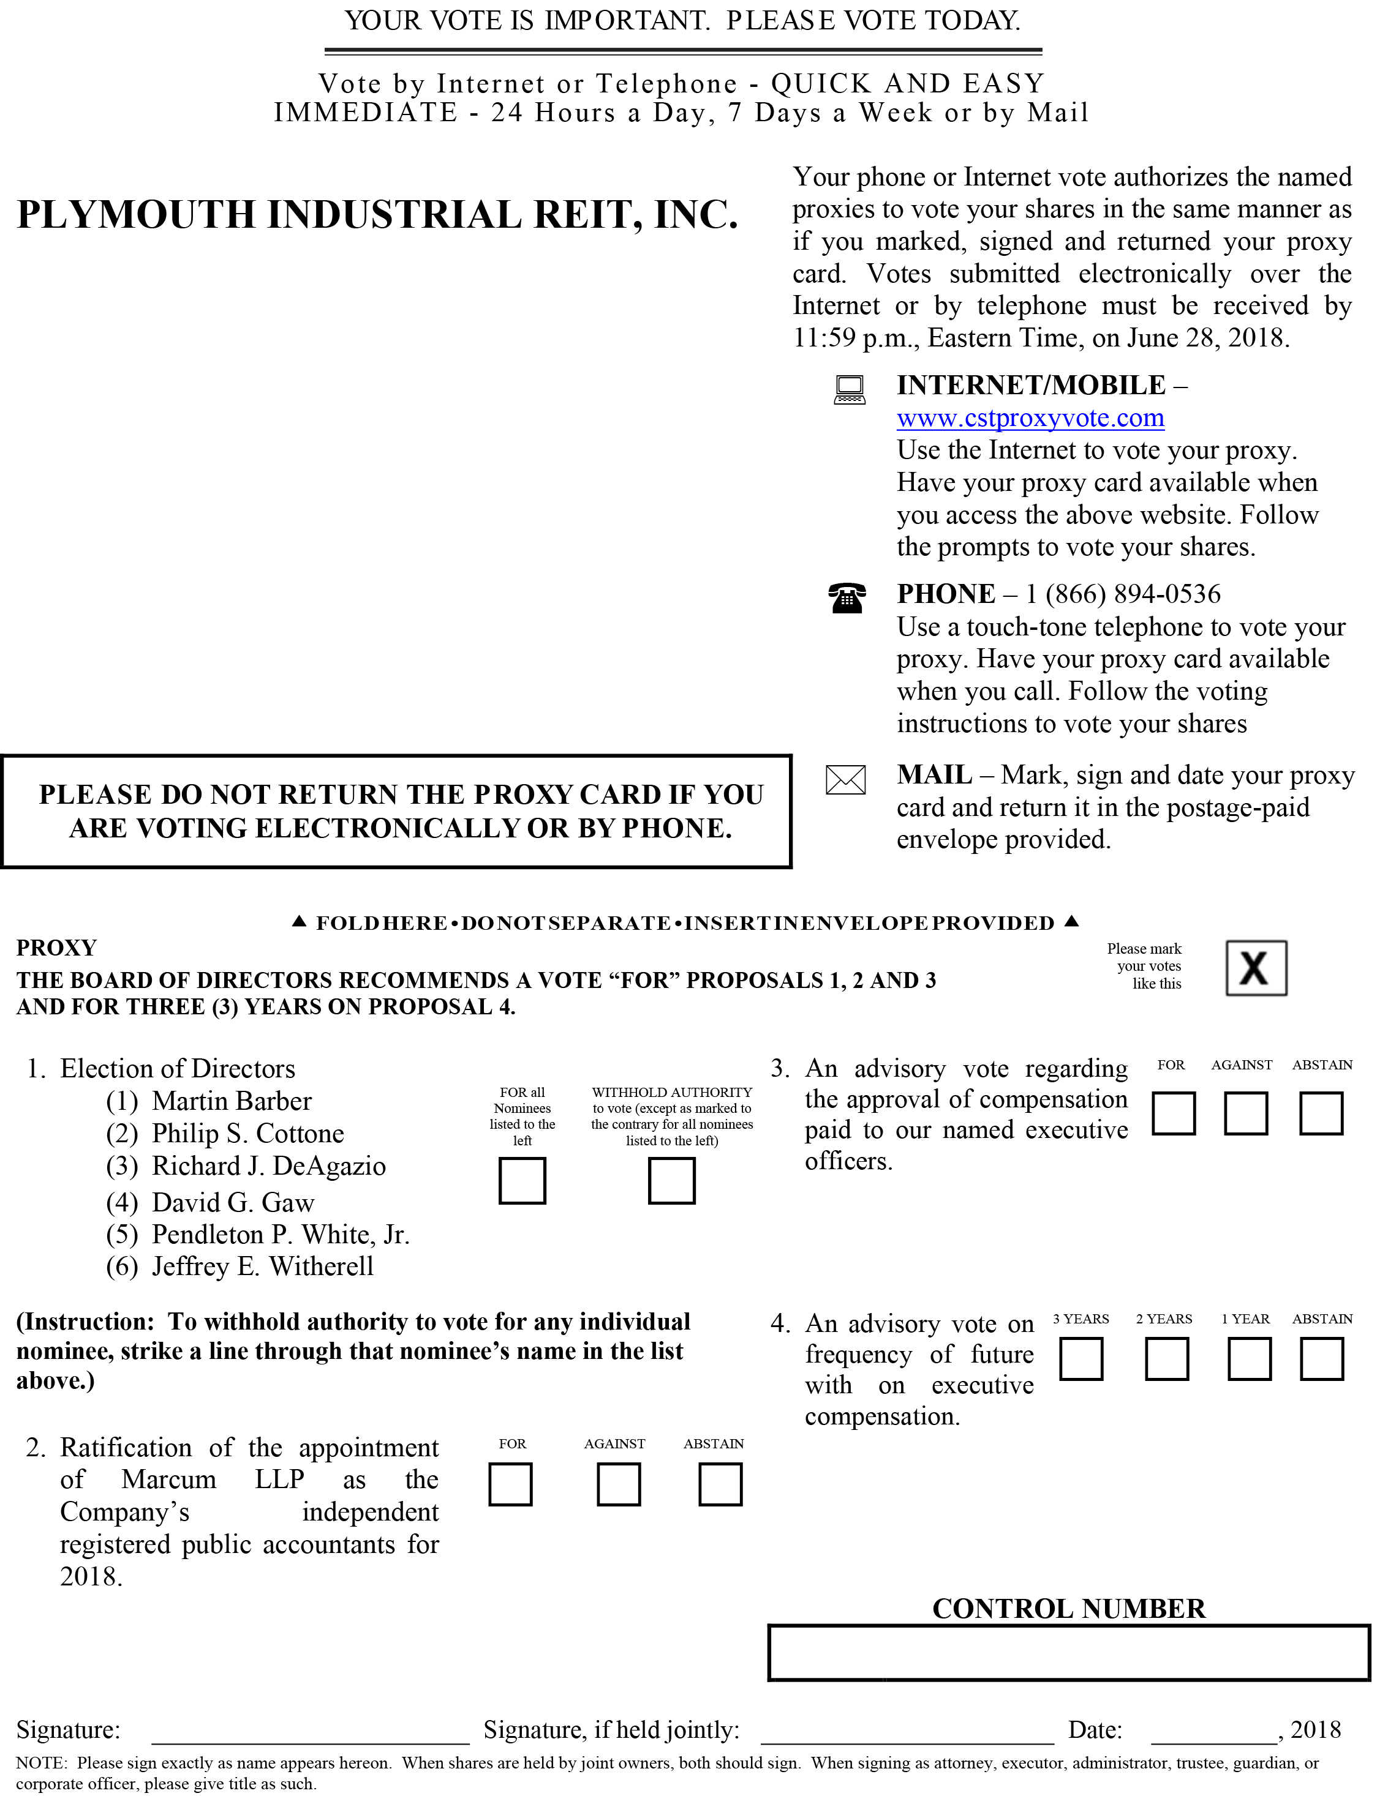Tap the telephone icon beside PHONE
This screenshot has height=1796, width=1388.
pos(847,598)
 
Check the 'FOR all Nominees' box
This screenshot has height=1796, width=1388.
pos(522,1181)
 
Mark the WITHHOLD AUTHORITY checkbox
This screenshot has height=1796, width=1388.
pos(671,1181)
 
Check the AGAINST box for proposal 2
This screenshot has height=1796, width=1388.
pos(618,1484)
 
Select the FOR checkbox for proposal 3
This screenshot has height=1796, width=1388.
pos(1173,1113)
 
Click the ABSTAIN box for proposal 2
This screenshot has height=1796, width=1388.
pos(720,1484)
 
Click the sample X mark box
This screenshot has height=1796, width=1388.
pos(1256,968)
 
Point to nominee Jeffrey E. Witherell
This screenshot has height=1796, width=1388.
pos(262,1267)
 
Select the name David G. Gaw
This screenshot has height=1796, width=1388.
pos(233,1203)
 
